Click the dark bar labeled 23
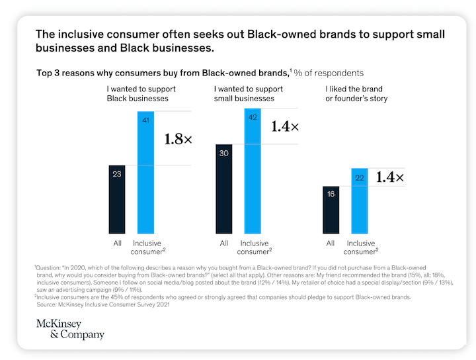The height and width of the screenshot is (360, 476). (117, 199)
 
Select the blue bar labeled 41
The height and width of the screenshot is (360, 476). (145, 172)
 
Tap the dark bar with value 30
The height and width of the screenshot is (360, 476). (224, 189)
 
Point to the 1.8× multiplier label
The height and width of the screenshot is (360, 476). (178, 140)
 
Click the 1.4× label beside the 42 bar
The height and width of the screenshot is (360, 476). (285, 126)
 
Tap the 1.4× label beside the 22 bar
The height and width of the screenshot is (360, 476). (389, 177)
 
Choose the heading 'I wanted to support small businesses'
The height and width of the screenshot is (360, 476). (245, 93)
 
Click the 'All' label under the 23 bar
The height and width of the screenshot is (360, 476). (117, 243)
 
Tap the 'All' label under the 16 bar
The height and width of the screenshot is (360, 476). (331, 243)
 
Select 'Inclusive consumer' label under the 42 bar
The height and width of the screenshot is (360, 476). (253, 247)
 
